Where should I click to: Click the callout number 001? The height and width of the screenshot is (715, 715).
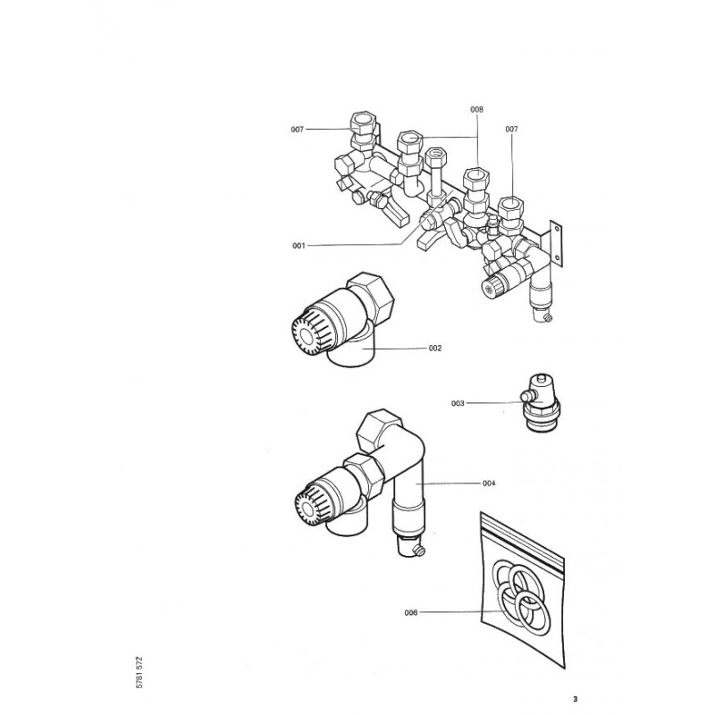(x=298, y=245)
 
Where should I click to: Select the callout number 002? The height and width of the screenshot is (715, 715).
(x=435, y=348)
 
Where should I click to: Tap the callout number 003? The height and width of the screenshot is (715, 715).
(x=458, y=403)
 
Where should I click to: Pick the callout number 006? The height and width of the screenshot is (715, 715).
(x=411, y=612)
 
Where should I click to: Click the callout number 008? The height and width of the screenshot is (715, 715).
(x=476, y=109)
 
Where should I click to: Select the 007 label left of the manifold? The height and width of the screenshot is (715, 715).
(x=298, y=130)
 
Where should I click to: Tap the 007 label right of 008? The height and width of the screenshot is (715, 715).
(x=512, y=130)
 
